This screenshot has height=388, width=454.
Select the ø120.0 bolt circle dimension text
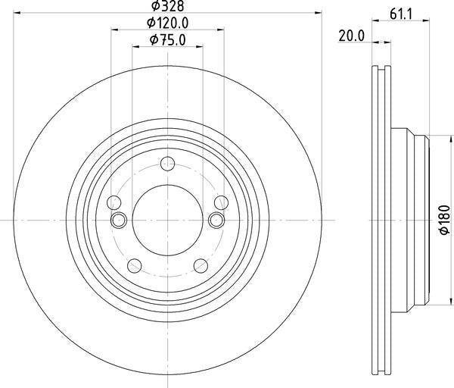(168, 23)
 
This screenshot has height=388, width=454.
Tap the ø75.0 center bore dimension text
(168, 40)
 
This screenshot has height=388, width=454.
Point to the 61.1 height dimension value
(400, 14)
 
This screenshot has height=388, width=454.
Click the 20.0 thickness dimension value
(353, 36)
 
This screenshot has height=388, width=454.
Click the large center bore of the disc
(167, 219)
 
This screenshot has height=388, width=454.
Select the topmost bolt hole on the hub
(167, 163)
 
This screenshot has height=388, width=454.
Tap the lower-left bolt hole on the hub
(134, 265)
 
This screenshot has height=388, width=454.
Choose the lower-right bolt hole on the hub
(201, 265)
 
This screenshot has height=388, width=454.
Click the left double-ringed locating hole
(119, 220)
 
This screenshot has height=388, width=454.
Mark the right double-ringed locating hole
(216, 220)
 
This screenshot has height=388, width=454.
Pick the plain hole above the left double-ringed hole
(114, 202)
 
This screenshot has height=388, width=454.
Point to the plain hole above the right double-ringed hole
(221, 202)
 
